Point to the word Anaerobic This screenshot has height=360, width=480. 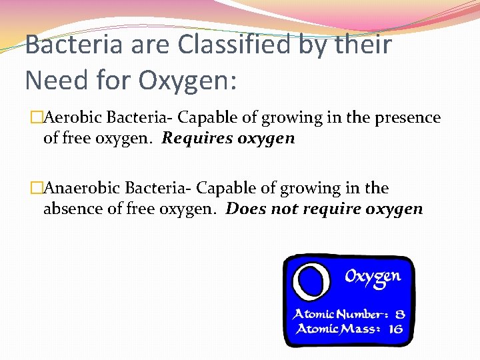pos(82,189)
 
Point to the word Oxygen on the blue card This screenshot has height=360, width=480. pos(373,276)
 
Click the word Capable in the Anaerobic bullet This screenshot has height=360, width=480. pos(223,189)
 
